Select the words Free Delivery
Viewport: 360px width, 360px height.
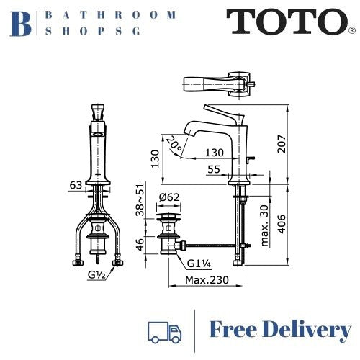click(281, 330)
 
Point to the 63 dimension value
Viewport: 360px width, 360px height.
click(74, 185)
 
